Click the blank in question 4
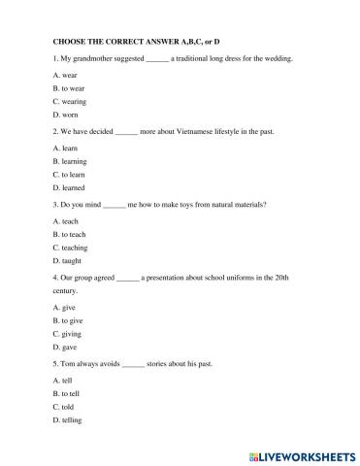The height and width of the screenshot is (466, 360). tap(127, 278)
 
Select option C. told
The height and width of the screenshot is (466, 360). tap(66, 407)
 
